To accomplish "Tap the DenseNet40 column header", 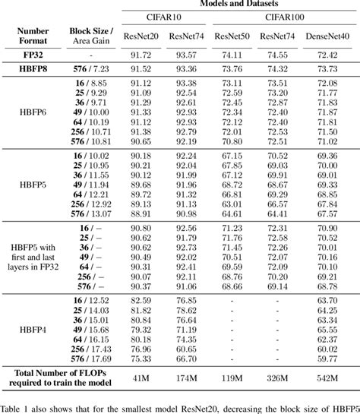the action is point(327,36).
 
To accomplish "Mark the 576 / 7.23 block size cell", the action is point(90,69).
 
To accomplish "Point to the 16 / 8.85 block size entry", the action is point(90,82).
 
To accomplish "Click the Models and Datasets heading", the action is point(235,4).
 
